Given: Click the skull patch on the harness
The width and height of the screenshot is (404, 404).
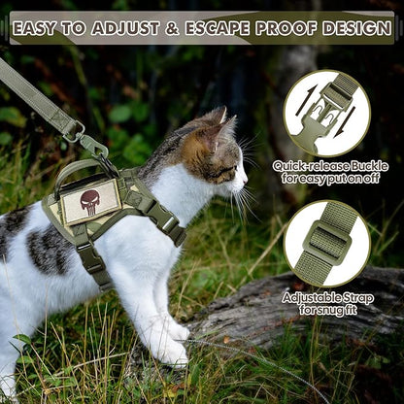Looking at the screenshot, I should [91, 201].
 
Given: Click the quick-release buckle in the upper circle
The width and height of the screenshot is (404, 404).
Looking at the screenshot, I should [326, 111].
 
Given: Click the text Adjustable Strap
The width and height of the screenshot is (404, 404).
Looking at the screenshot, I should [326, 296].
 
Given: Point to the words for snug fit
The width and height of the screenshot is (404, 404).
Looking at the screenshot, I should [326, 310].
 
